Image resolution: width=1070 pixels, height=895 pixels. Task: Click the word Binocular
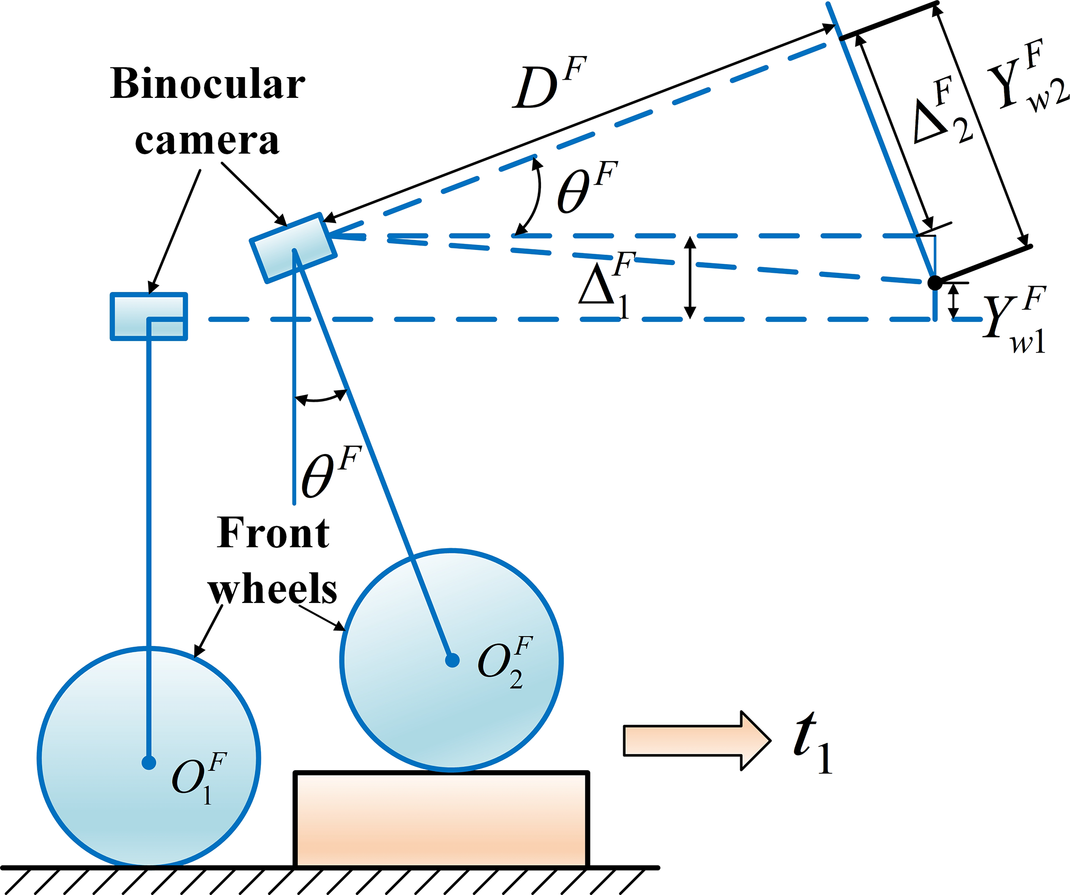(208, 84)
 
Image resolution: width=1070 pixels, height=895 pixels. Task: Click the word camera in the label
(207, 141)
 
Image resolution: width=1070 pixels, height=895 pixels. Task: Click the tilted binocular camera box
(294, 248)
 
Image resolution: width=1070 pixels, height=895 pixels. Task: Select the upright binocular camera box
(149, 316)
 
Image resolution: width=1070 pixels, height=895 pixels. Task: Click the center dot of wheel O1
(149, 762)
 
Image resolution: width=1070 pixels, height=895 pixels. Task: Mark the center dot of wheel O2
(452, 661)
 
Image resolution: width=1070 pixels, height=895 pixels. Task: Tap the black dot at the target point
(935, 283)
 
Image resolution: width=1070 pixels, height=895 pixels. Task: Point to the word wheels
(273, 589)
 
